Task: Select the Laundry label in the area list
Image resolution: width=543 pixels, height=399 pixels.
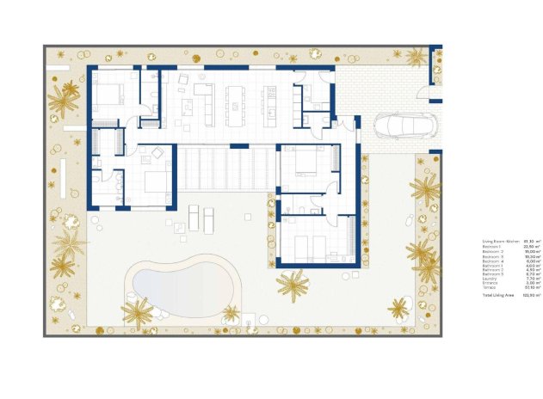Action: click(x=489, y=279)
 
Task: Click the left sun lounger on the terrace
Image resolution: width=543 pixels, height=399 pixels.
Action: click(x=194, y=218)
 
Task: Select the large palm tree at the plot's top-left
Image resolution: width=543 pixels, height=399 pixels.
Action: click(x=63, y=101)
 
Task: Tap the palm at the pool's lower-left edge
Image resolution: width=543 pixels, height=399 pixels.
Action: click(x=137, y=311)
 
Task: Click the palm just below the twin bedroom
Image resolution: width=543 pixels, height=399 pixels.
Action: click(x=293, y=285)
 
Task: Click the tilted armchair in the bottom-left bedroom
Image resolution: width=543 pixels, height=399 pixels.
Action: click(x=157, y=155)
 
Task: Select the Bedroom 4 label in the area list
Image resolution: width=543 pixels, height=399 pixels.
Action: click(x=491, y=261)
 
